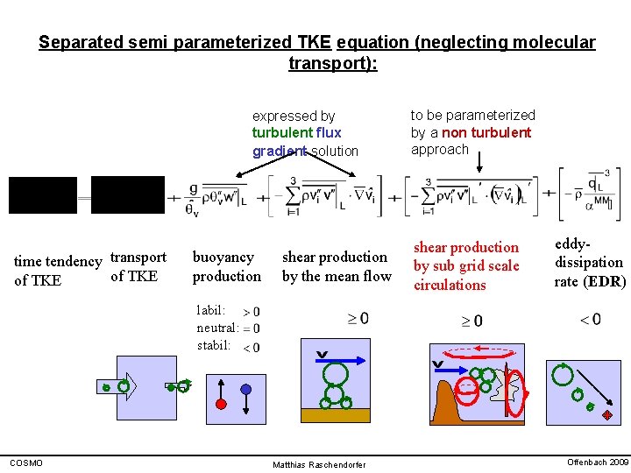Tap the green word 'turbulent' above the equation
point(282,132)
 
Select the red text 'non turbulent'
point(486,132)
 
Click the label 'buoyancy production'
point(227,266)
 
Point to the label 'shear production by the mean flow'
point(337,266)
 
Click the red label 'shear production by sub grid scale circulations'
point(466,266)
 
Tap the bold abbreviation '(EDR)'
point(606,281)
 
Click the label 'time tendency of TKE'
point(58,271)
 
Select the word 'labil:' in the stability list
point(211,310)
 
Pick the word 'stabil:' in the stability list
point(214,345)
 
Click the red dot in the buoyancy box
point(222,403)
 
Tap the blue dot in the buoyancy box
point(246,389)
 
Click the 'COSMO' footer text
point(25,462)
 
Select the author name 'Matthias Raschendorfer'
point(319,464)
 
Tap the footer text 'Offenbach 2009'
point(598,462)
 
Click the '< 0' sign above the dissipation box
point(590,320)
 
